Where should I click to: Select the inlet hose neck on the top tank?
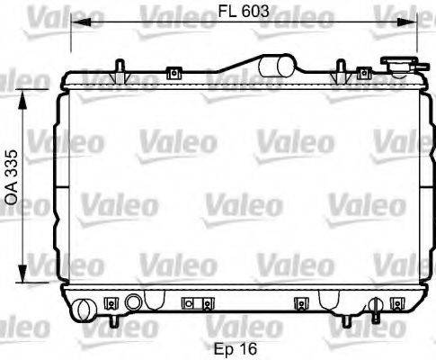pyautogui.click(x=281, y=65)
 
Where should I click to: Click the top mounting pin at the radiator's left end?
pyautogui.click(x=120, y=67)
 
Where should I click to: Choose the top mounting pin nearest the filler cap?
pyautogui.click(x=341, y=67)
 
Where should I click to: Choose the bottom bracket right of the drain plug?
pyautogui.click(x=191, y=302)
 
